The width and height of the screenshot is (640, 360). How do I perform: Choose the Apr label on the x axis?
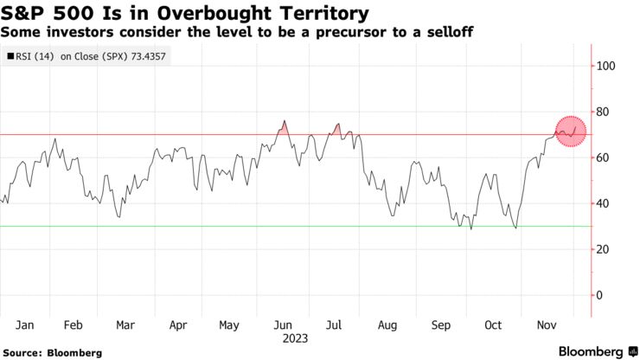(178, 326)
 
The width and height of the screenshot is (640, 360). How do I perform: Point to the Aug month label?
(387, 326)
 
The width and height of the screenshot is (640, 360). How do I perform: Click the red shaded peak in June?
(283, 128)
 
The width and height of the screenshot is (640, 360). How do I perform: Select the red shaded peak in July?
(336, 130)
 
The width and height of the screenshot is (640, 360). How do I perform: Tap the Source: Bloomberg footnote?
(52, 352)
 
